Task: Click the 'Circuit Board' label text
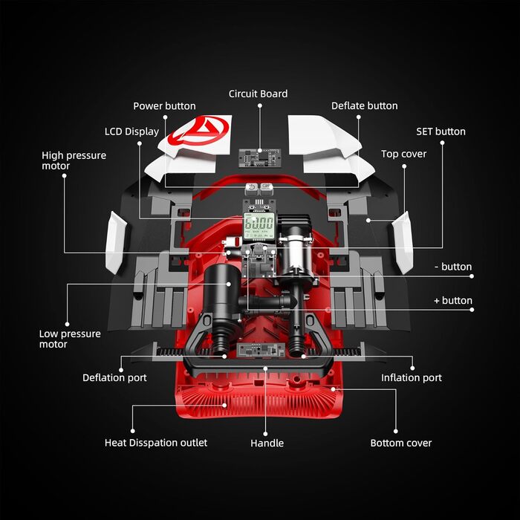[x=258, y=94]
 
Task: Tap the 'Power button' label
[x=164, y=106]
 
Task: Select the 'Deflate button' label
[x=364, y=106]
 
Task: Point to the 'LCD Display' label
[x=131, y=131]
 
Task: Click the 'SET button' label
[x=441, y=131]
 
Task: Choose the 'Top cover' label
[x=403, y=154]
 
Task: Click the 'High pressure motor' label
[x=74, y=160]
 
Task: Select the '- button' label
[x=452, y=267]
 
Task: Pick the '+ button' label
[x=452, y=301]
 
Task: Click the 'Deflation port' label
[x=114, y=377]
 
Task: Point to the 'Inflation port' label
[x=412, y=377]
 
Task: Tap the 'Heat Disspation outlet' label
[x=156, y=443]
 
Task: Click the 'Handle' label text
[x=267, y=443]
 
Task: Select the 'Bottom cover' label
[x=401, y=443]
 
